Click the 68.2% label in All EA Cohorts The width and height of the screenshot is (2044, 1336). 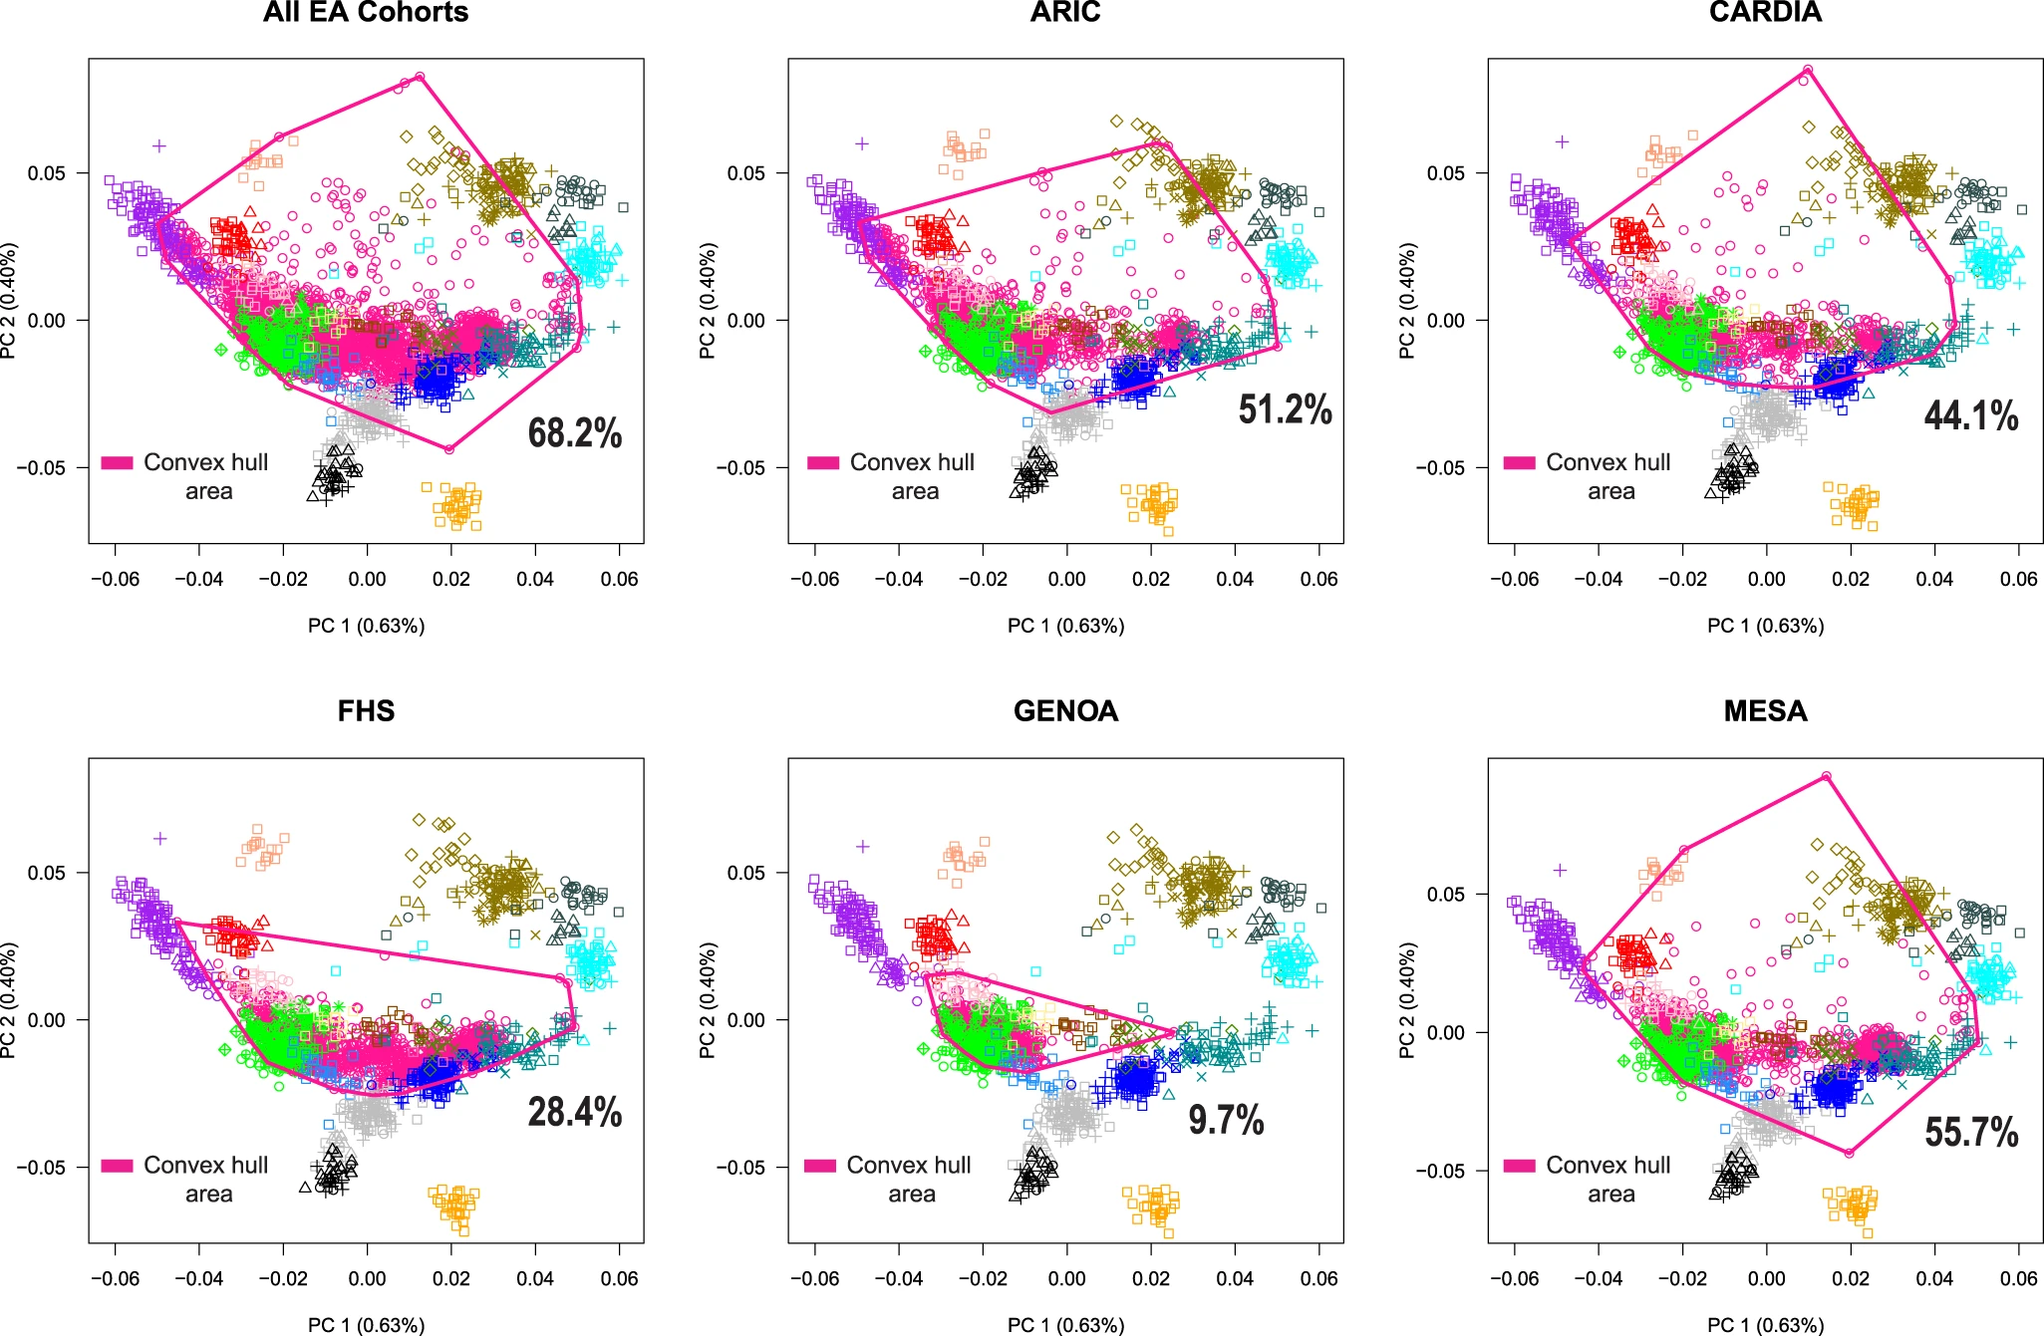coord(575,433)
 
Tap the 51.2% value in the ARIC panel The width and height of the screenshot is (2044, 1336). coord(1285,409)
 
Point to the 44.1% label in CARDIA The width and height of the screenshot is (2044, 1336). coord(1970,415)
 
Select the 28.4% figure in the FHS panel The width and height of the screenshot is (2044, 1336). coord(575,1112)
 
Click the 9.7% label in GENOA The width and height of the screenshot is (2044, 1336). coord(1226,1120)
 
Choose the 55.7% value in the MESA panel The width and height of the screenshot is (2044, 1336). coord(1970,1132)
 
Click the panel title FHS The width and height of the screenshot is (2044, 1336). coord(366,710)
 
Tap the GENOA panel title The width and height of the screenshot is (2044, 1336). coord(1065,710)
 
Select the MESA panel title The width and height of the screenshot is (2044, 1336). coord(1765,710)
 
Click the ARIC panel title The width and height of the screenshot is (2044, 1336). coord(1065,12)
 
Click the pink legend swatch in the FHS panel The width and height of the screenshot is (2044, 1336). coord(117,1166)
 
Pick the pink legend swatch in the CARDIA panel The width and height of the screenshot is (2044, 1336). coord(1519,463)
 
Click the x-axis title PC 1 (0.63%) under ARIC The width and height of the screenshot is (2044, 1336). coord(1065,626)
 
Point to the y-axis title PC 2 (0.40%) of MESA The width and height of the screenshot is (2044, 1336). coord(1406,1000)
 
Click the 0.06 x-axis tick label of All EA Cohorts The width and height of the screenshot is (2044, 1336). coord(619,579)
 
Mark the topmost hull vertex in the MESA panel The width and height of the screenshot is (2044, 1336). coord(1826,776)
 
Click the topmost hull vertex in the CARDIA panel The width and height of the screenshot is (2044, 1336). coord(1808,70)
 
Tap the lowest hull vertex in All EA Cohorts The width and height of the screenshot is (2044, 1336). coord(448,449)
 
